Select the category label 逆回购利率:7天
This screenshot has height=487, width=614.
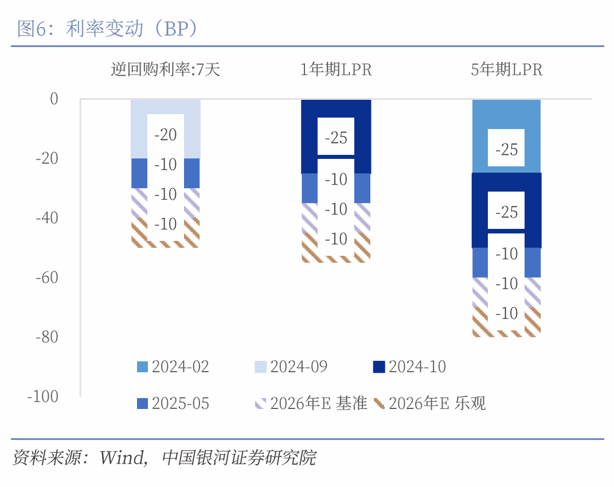coord(165,70)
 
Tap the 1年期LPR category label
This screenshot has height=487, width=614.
coord(336,70)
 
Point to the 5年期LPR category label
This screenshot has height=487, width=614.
coord(506,70)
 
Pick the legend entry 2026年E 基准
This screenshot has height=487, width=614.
coord(310,404)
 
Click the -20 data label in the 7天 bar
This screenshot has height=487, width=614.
coord(166,135)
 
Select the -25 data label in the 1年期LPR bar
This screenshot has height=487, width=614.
coord(336,138)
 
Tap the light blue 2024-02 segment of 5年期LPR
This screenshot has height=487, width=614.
coord(506,115)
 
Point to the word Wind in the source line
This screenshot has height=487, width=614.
coord(122,458)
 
